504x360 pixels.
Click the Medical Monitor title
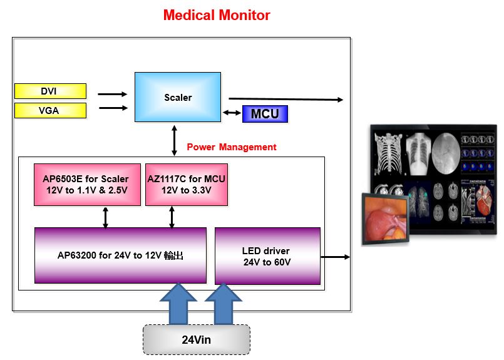217,15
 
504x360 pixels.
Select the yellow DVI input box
50,91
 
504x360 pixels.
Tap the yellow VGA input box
50,111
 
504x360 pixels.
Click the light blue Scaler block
178,97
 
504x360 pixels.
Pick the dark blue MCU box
264,114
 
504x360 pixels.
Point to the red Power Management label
231,147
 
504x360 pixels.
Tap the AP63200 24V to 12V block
120,255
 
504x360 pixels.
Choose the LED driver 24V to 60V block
267,256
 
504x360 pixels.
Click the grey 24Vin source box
197,341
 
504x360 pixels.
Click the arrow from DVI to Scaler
112,94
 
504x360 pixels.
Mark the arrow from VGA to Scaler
112,108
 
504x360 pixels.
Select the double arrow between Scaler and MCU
232,113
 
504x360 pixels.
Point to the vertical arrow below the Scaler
175,139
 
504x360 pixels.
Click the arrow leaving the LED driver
335,257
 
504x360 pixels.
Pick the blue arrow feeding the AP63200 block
178,303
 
